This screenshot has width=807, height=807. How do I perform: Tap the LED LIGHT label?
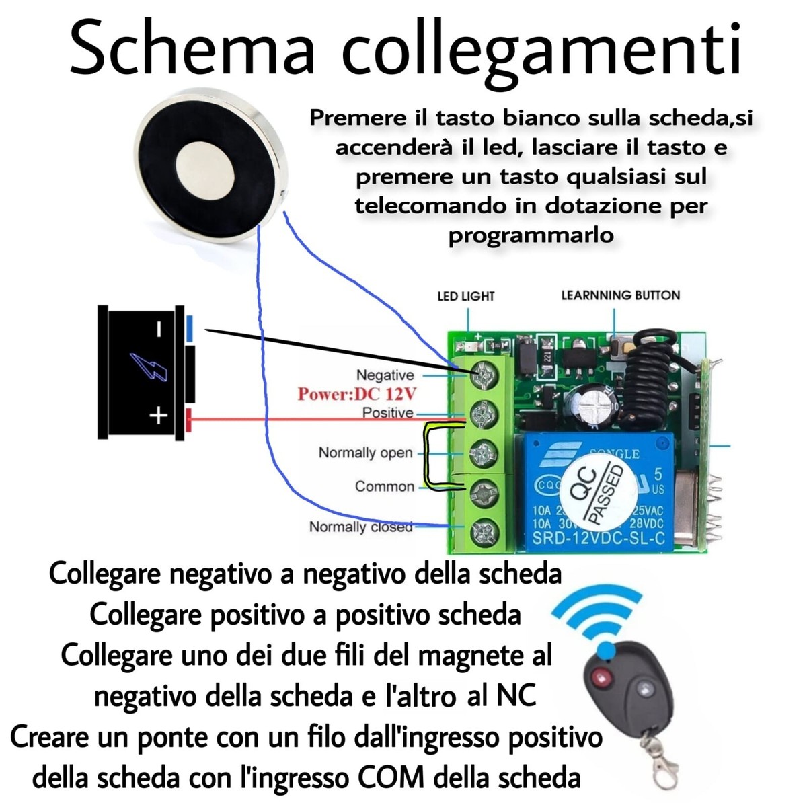(x=465, y=296)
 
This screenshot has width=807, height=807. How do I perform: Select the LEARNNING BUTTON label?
(x=620, y=295)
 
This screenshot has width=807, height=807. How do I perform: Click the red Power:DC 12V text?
(x=357, y=393)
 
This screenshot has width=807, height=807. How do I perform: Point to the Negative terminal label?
(x=385, y=375)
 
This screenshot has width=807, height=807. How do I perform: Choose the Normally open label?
(x=365, y=453)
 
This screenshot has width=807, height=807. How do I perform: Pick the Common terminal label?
(x=385, y=486)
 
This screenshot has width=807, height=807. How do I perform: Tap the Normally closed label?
(x=360, y=526)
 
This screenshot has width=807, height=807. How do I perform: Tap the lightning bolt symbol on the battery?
(x=149, y=367)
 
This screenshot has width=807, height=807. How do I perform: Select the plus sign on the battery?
(x=158, y=416)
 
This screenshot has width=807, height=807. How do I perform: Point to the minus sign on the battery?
(x=159, y=329)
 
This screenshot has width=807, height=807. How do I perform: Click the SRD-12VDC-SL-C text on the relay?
(x=598, y=538)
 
